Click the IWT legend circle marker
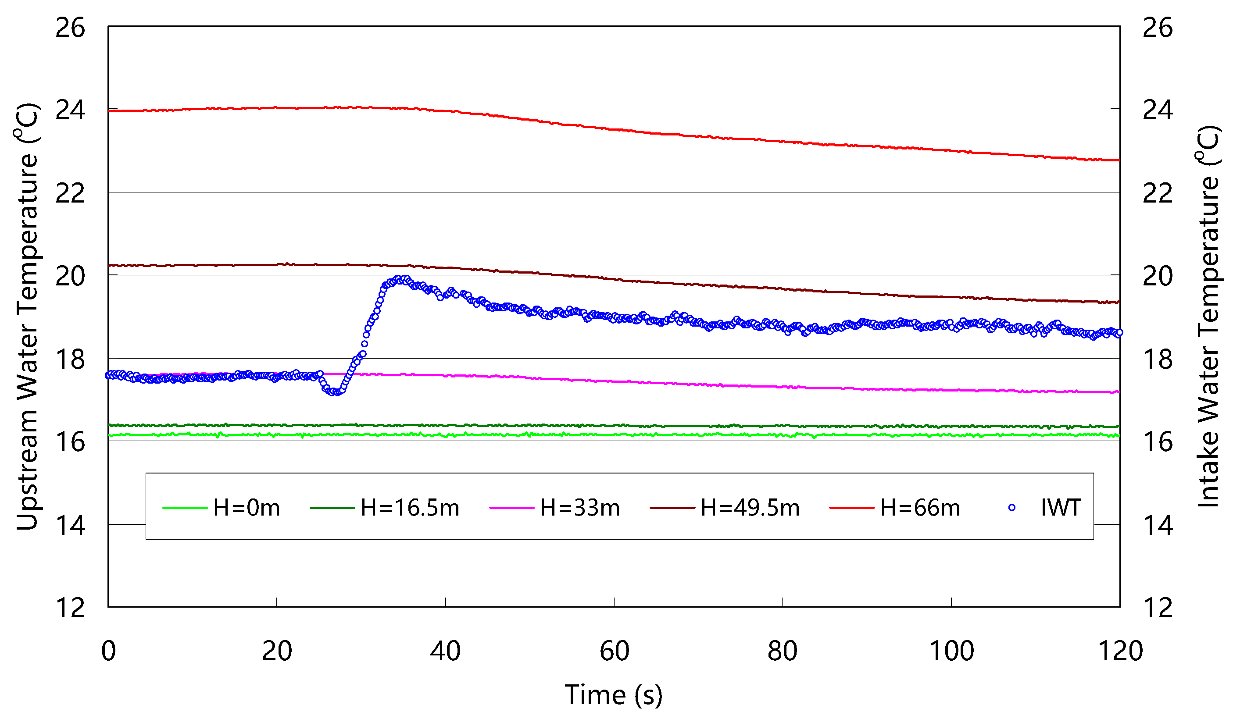pos(1011,508)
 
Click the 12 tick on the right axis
pos(1158,609)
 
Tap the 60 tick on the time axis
pos(614,651)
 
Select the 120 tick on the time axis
pos(1120,651)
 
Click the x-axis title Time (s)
pos(614,694)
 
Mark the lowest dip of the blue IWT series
pos(335,392)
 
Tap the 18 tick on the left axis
pos(70,359)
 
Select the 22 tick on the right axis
pos(1158,193)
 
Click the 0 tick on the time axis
pos(108,651)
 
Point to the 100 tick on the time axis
pos(951,651)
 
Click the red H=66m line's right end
pos(1119,160)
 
